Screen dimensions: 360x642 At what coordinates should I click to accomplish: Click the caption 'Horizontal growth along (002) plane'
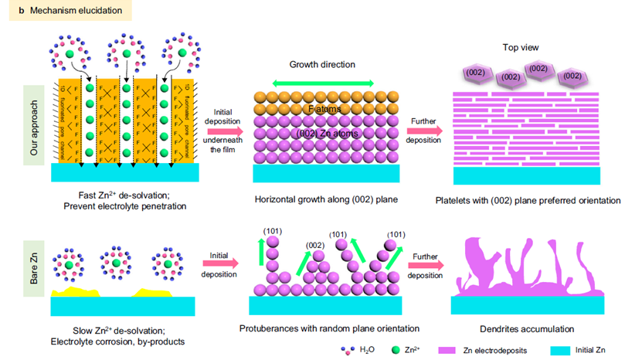(x=322, y=200)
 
